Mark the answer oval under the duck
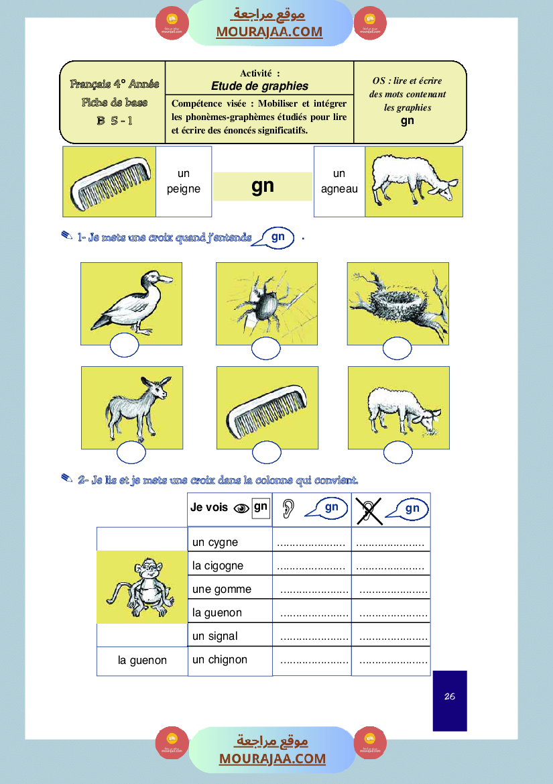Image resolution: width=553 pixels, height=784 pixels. click(x=124, y=345)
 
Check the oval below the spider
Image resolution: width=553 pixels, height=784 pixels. click(x=266, y=349)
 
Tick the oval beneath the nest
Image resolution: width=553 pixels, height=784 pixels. click(x=397, y=348)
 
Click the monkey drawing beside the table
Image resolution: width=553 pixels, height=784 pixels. click(x=141, y=587)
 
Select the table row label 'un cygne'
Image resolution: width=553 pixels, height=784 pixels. click(x=215, y=542)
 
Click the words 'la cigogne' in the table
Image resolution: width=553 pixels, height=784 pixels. click(x=218, y=565)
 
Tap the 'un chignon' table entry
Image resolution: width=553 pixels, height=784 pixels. click(x=220, y=659)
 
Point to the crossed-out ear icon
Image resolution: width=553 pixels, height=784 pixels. click(x=369, y=511)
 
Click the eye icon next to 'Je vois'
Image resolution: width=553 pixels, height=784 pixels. click(x=241, y=508)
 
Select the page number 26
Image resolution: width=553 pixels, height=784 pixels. click(x=450, y=696)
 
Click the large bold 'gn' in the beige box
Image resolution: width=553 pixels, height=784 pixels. click(x=263, y=186)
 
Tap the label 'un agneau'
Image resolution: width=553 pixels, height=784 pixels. click(x=339, y=182)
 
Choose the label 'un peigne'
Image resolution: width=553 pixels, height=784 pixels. click(x=184, y=182)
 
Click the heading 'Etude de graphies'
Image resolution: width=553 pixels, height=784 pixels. click(x=259, y=86)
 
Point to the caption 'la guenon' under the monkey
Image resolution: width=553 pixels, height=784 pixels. click(x=142, y=660)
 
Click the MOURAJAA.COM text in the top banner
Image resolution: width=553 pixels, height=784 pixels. click(x=269, y=32)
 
